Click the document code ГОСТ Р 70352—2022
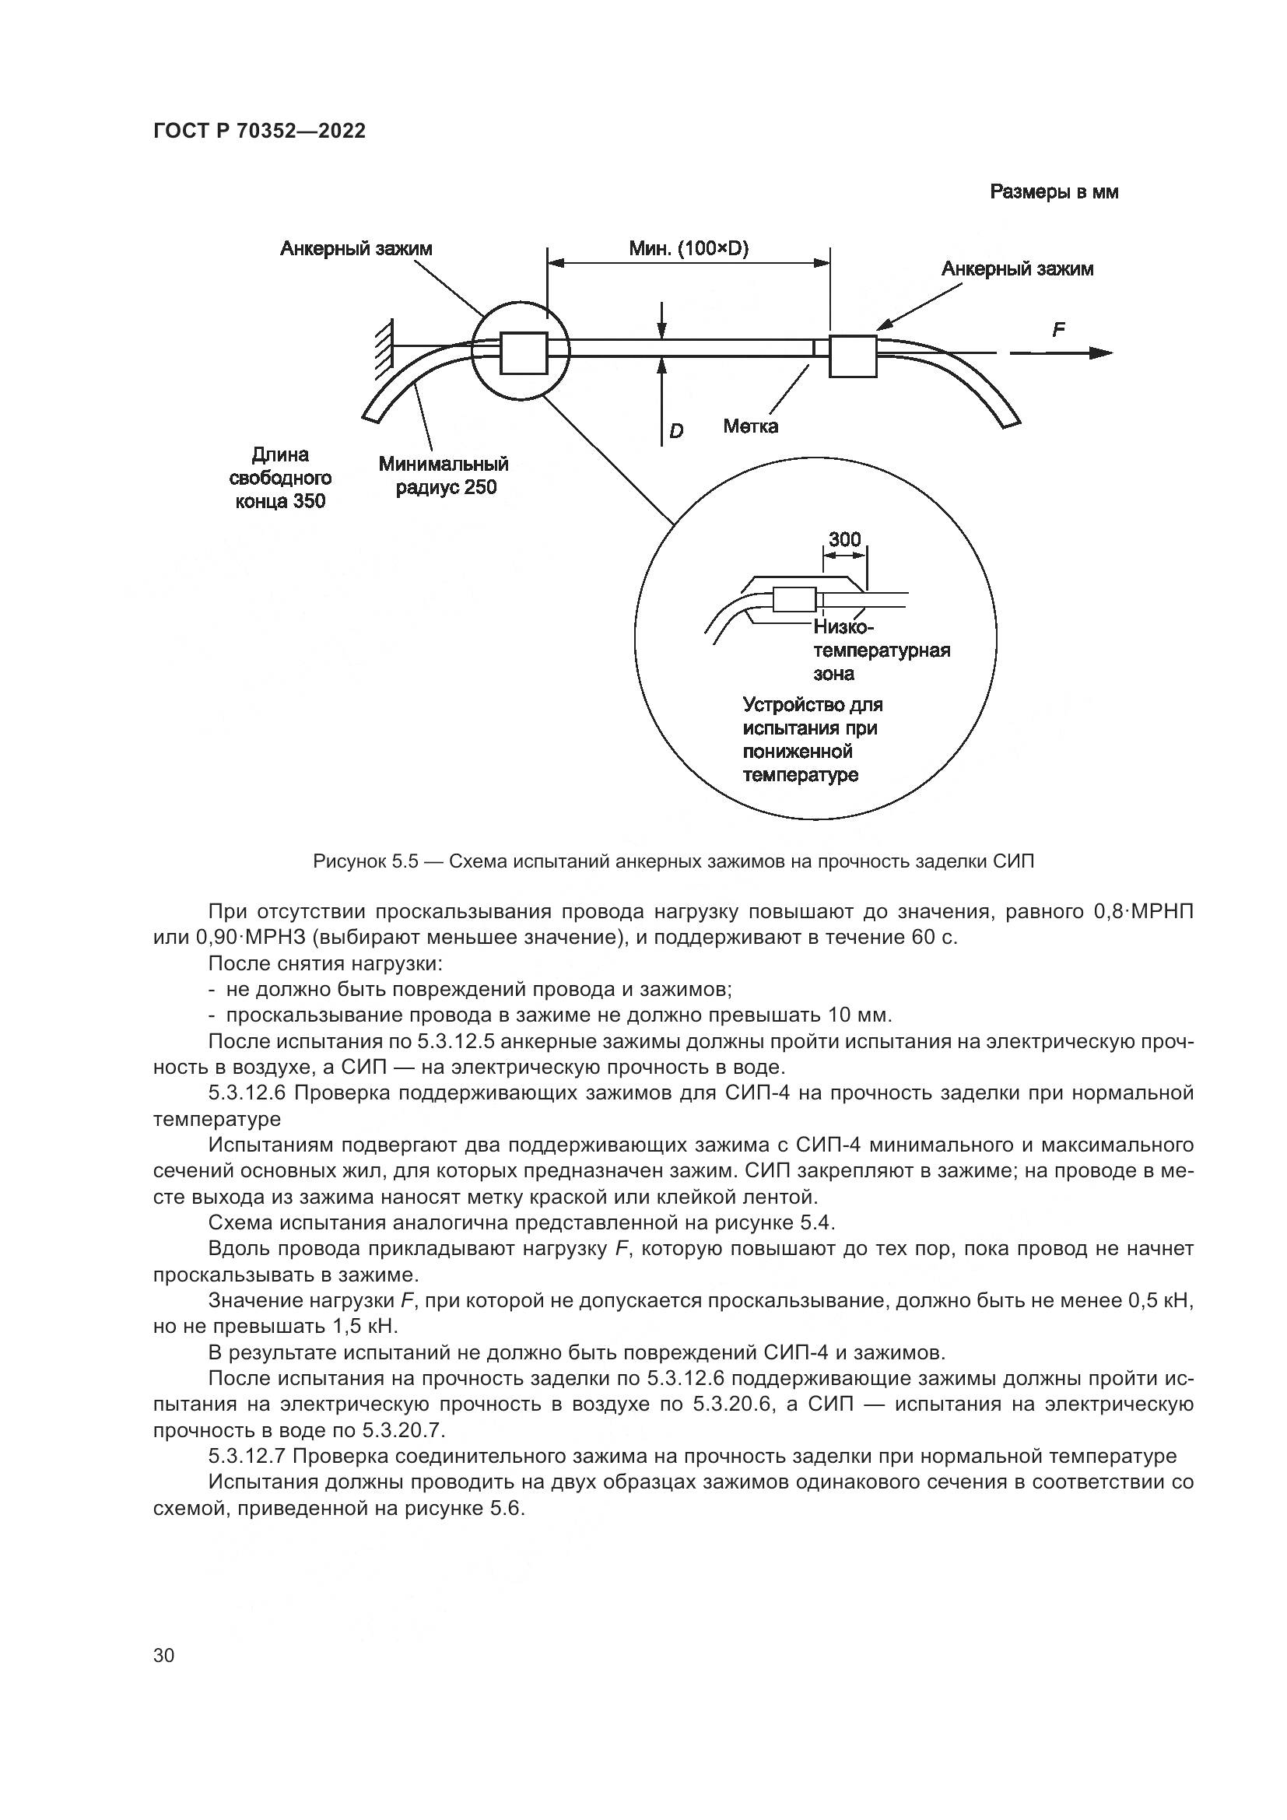259,132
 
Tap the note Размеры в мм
1054,192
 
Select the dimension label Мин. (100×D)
688,249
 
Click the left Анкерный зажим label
356,249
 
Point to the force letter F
1058,329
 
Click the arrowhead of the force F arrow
1103,352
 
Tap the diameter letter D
676,431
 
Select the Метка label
749,426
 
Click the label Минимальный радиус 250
443,475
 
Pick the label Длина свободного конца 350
280,477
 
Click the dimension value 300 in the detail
844,539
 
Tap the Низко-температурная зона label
880,651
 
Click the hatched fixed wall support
383,347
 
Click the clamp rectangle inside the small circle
523,352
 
